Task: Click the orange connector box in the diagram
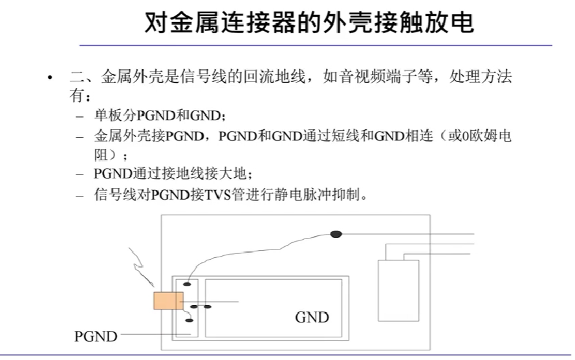tap(168, 301)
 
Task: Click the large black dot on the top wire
tap(336, 234)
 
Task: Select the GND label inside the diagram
tap(312, 317)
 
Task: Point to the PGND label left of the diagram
tap(96, 336)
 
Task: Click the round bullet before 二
tap(50, 78)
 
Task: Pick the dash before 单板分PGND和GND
tap(80, 117)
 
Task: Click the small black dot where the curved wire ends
tap(187, 284)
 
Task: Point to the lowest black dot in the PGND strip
tap(189, 320)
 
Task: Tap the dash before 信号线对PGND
tap(80, 195)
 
